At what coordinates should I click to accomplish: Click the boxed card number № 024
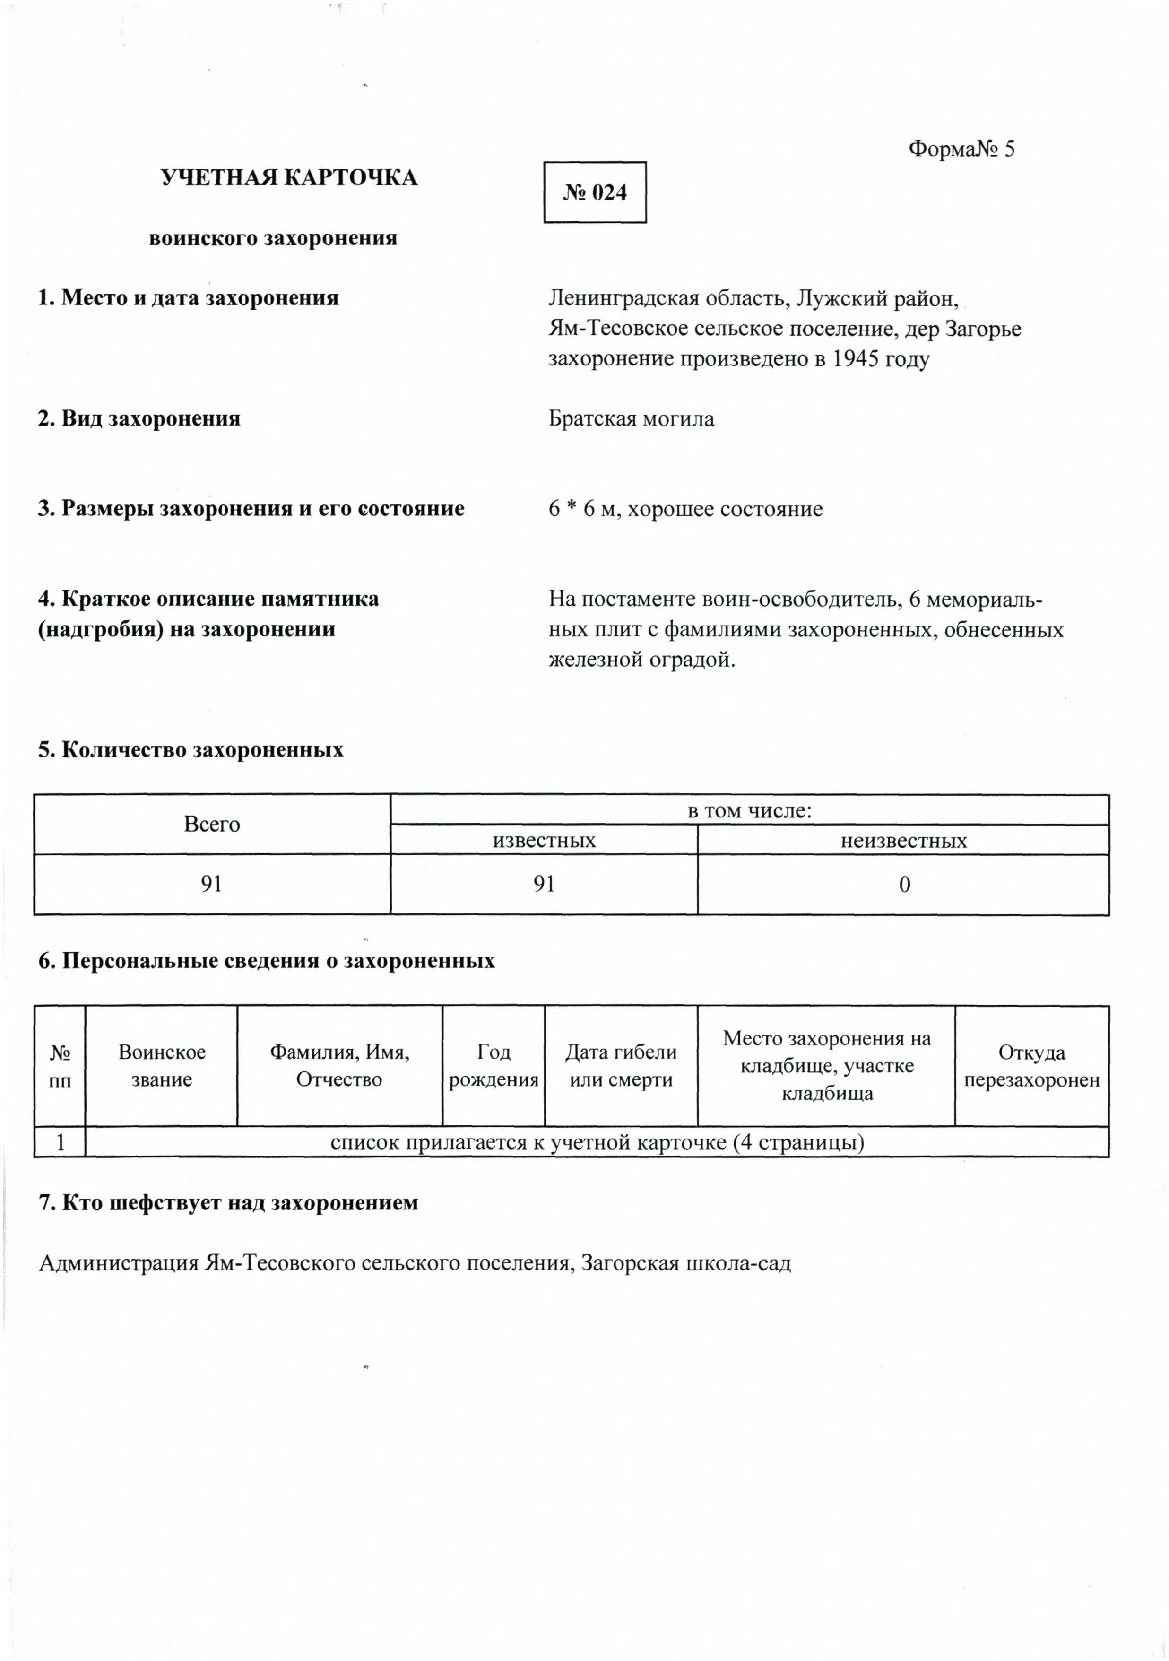click(595, 192)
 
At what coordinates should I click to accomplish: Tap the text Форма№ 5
click(961, 149)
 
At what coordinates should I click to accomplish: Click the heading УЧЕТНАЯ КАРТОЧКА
click(289, 178)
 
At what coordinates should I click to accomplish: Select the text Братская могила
click(631, 419)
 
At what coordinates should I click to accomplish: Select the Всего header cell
click(211, 824)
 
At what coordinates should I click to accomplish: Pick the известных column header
click(544, 841)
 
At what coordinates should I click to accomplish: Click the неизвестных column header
click(903, 841)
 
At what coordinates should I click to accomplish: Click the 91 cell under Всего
click(211, 884)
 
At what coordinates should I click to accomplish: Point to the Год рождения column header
click(494, 1066)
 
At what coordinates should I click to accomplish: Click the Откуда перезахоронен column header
click(1031, 1066)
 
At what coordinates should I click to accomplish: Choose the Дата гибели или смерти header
click(621, 1066)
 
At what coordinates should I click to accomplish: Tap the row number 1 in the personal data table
click(60, 1142)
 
